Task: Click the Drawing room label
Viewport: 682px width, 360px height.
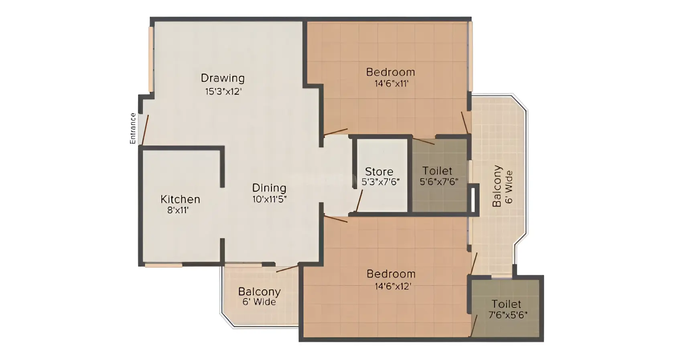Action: click(223, 79)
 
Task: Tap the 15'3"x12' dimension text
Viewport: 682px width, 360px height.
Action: click(223, 91)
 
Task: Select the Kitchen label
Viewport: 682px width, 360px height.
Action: click(180, 199)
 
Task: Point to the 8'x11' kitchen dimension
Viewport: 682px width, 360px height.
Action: click(178, 210)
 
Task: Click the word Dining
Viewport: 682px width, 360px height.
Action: click(269, 188)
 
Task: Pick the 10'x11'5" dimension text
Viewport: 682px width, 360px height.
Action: click(270, 199)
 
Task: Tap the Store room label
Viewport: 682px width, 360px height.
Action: click(379, 172)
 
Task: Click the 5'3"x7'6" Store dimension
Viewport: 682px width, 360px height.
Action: click(380, 182)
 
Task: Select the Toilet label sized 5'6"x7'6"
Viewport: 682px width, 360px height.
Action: click(437, 171)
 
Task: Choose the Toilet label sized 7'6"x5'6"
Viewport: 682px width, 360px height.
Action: click(506, 304)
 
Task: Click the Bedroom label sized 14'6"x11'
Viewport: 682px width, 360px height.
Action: click(391, 73)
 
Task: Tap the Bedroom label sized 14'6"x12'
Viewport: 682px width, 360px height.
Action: click(391, 274)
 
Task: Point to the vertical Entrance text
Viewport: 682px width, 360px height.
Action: click(133, 128)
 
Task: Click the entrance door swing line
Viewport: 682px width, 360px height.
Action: click(145, 130)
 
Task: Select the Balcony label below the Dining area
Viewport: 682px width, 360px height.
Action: click(260, 292)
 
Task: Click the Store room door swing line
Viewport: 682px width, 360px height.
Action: click(359, 201)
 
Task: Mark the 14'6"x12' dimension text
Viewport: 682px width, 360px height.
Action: click(393, 286)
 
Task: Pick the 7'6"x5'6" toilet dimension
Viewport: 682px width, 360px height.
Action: click(508, 315)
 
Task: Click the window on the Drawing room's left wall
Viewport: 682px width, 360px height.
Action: click(151, 59)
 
